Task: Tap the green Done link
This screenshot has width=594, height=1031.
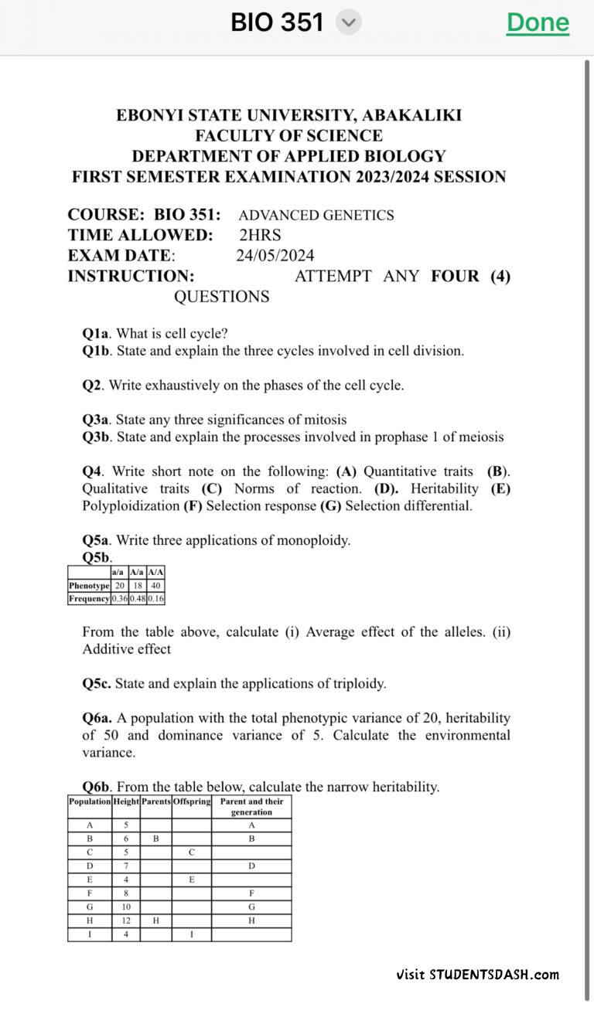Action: (x=538, y=23)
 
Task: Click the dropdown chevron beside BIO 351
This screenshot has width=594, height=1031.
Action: (x=349, y=23)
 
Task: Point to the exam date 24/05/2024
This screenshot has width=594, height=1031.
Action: (x=275, y=256)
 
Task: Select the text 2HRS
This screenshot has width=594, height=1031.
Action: (x=260, y=235)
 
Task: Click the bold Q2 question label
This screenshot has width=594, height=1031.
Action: (x=92, y=385)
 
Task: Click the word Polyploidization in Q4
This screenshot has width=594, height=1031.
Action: (x=131, y=506)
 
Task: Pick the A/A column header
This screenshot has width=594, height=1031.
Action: (x=155, y=572)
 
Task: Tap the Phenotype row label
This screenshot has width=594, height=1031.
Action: (x=89, y=585)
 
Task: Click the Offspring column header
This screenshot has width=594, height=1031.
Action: (x=192, y=801)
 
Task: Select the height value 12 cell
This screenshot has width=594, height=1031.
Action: (x=125, y=920)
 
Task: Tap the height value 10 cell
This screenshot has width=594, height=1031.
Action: (x=125, y=907)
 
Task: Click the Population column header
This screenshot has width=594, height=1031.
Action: (x=90, y=801)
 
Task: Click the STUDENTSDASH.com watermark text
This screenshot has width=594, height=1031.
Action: (x=493, y=975)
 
